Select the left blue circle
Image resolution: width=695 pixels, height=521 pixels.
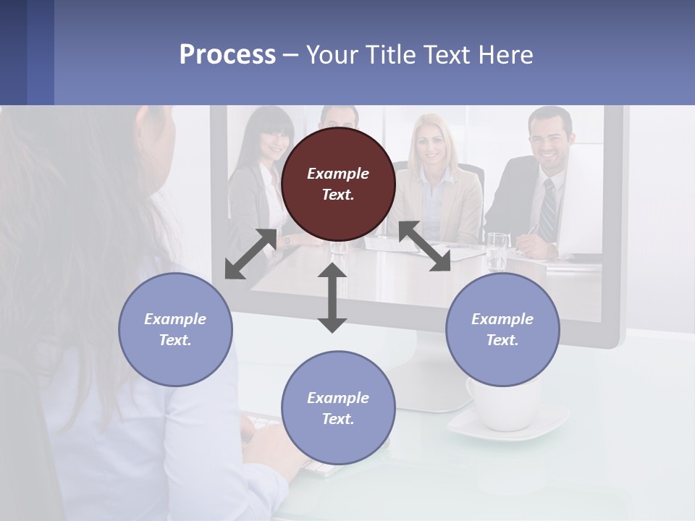pyautogui.click(x=175, y=329)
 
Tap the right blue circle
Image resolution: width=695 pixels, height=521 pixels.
pyautogui.click(x=502, y=329)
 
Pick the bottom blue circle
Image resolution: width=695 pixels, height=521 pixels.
pyautogui.click(x=338, y=408)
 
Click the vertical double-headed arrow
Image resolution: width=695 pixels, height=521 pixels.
pyautogui.click(x=332, y=297)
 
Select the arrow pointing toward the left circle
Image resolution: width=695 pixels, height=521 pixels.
pyautogui.click(x=250, y=254)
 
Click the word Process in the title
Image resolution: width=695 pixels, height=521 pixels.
pyautogui.click(x=227, y=55)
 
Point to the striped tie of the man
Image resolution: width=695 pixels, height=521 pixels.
pyautogui.click(x=549, y=211)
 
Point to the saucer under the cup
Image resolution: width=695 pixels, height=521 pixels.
pyautogui.click(x=507, y=427)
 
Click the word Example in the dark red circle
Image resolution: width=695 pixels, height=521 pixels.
pyautogui.click(x=337, y=174)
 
